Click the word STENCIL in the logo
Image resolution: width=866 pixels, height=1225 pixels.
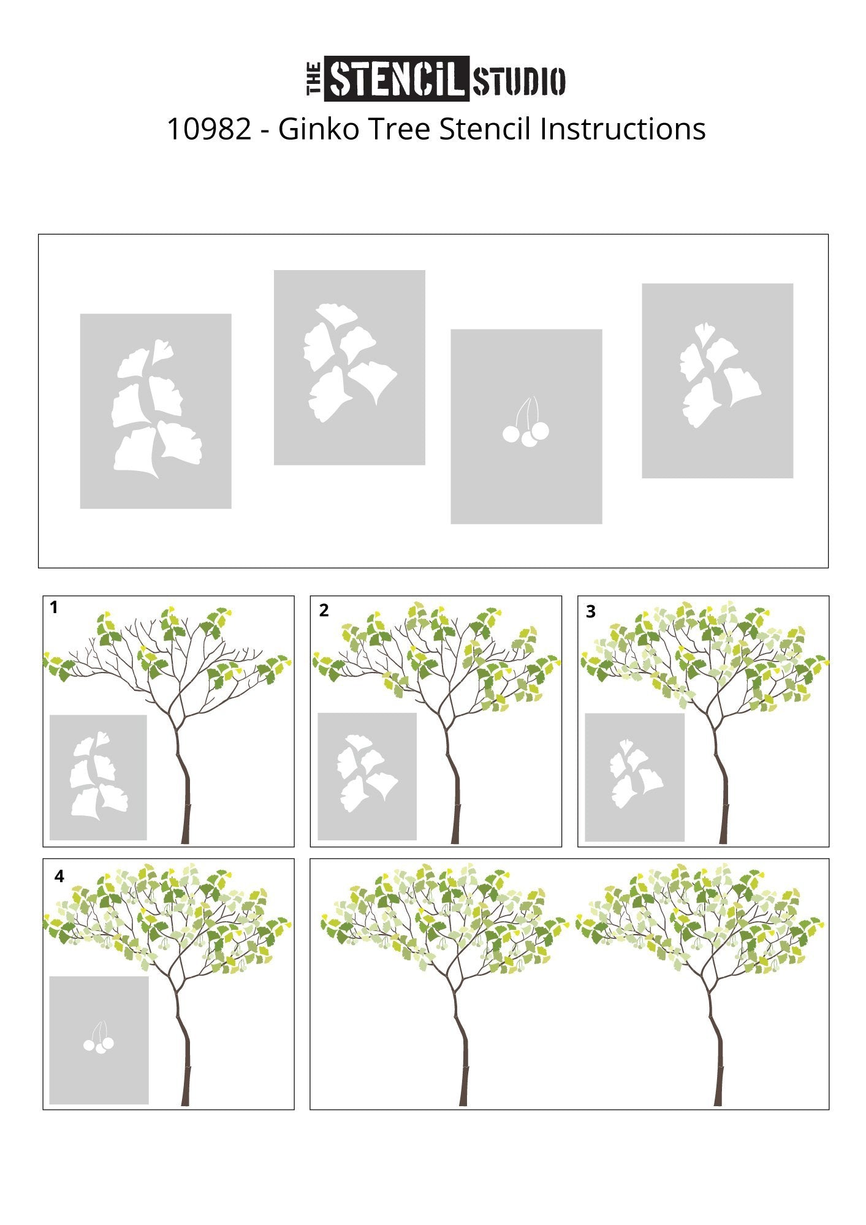coord(397,78)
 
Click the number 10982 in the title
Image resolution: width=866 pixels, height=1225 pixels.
coord(209,129)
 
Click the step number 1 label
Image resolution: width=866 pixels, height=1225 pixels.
coord(54,608)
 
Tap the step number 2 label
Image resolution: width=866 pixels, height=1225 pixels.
coord(324,610)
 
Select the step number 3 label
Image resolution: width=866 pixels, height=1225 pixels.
coord(591,612)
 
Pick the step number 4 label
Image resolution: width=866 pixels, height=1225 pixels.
coord(59,876)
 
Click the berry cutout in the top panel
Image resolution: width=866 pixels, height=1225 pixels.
coord(526,421)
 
